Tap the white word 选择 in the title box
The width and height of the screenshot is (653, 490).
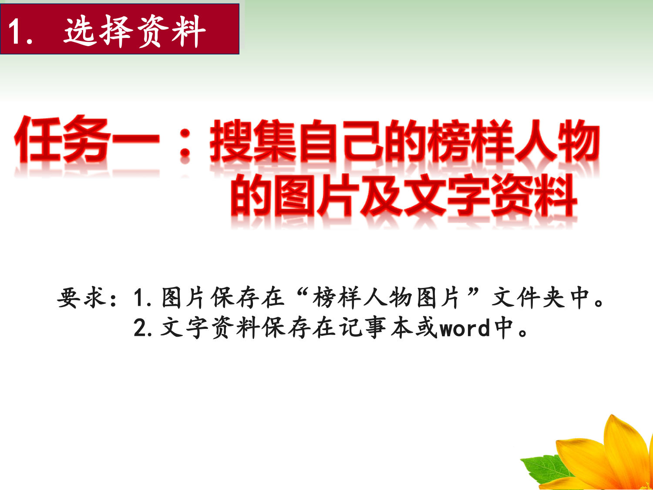pos(98,31)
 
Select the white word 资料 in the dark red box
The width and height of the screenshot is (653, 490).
pos(172,31)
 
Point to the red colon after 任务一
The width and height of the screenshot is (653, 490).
pos(185,143)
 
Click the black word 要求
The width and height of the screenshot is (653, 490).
pos(81,297)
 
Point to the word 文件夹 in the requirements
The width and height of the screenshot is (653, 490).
pos(528,297)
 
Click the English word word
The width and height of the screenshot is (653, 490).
pos(465,328)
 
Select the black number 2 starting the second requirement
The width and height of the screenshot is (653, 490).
pos(140,328)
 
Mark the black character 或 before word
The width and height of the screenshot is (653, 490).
pos(427,328)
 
